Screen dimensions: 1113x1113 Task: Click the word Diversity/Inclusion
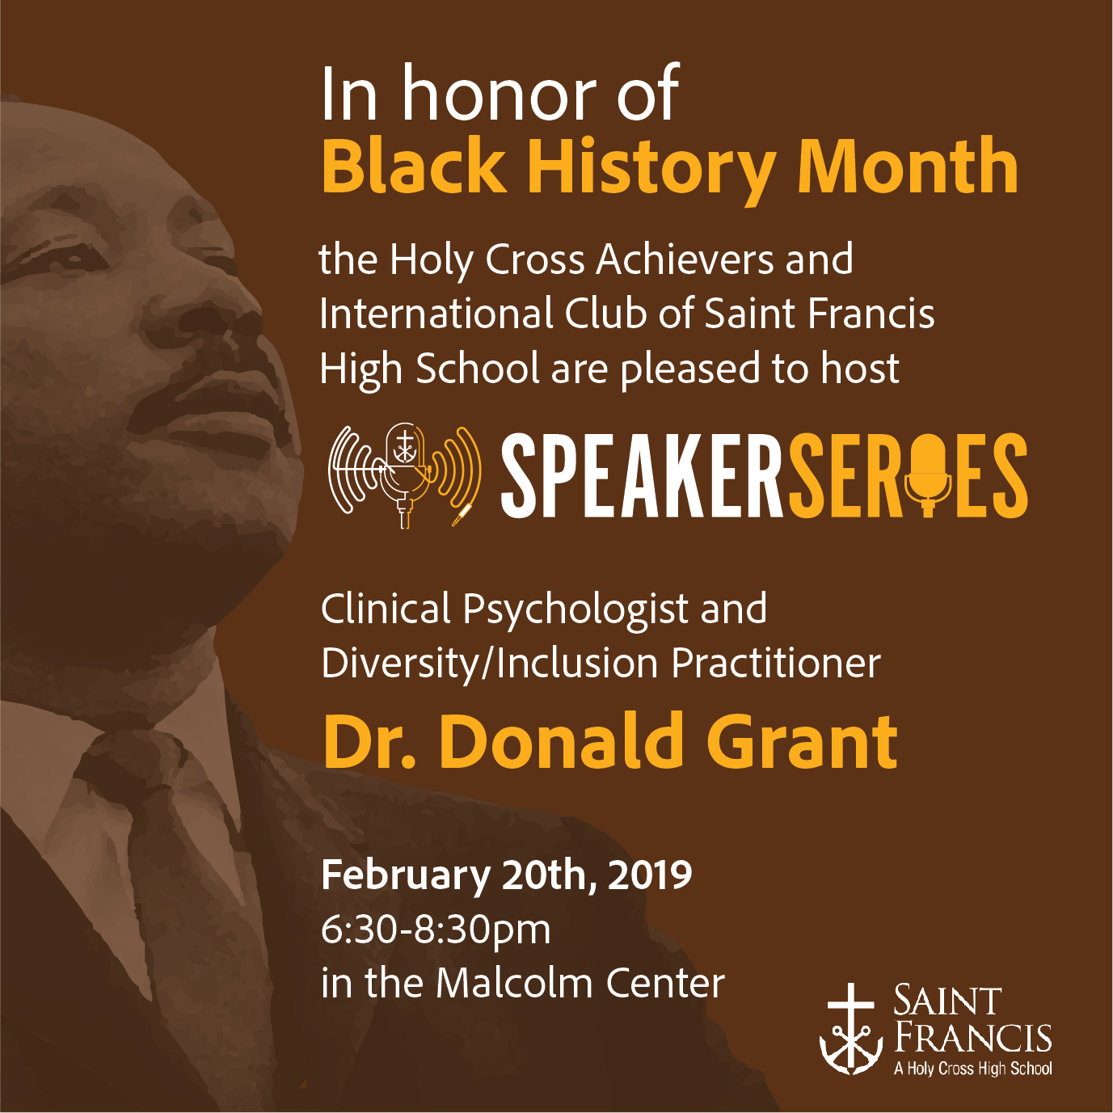(x=490, y=664)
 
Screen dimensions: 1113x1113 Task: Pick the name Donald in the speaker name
(x=559, y=741)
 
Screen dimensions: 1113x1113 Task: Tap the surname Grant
(x=803, y=741)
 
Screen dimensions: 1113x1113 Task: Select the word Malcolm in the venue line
(x=515, y=984)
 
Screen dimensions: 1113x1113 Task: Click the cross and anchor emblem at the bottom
(x=851, y=1037)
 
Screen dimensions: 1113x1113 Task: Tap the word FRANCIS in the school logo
(x=973, y=1038)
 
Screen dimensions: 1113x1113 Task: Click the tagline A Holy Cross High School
(x=973, y=1069)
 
